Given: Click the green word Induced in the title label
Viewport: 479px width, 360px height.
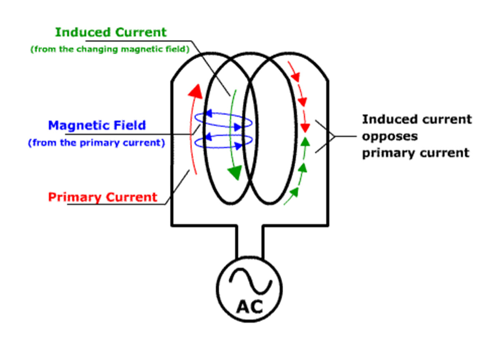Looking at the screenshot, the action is (x=82, y=32).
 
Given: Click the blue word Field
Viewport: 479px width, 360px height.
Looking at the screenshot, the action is (x=130, y=125).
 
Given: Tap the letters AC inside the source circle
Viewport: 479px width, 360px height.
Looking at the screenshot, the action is (x=249, y=307).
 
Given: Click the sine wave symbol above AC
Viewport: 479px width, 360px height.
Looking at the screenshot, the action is (x=250, y=281).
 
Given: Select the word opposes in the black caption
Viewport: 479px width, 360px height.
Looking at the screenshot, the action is (x=390, y=137).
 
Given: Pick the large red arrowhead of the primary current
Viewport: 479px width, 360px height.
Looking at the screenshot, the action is (x=195, y=91).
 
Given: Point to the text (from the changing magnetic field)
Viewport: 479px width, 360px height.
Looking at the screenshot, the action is (x=110, y=49).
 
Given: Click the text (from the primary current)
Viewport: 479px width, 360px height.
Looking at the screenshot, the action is (x=97, y=143).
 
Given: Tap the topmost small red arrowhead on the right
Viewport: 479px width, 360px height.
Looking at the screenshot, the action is (x=295, y=77).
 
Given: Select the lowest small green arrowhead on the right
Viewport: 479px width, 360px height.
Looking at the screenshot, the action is (x=294, y=192).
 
